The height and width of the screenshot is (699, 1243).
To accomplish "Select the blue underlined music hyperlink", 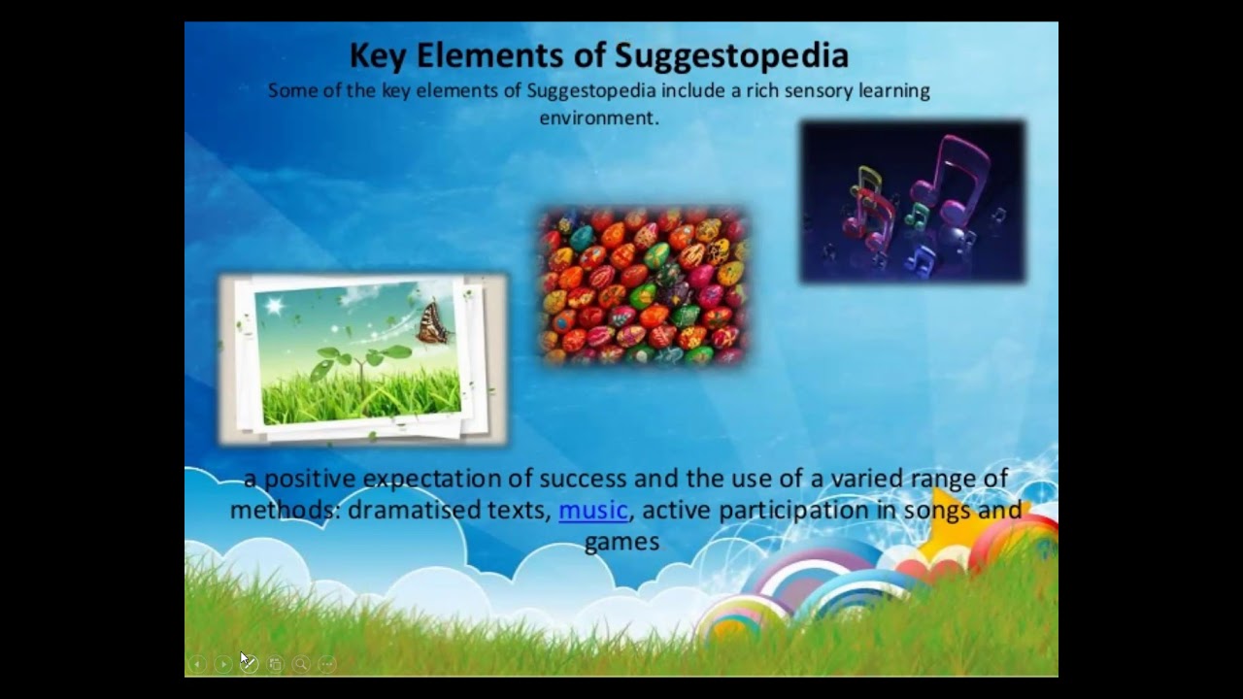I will (593, 510).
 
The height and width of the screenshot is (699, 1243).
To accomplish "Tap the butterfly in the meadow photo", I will (433, 322).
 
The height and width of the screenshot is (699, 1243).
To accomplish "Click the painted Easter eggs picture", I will (643, 286).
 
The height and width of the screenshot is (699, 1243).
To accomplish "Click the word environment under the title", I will (598, 117).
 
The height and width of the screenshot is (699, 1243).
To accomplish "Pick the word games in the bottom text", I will (621, 541).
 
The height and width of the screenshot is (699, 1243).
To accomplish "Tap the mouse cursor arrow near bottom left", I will (245, 659).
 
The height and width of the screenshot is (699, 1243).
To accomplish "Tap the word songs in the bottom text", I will (937, 510).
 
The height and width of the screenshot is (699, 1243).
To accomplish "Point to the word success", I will (584, 479).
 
